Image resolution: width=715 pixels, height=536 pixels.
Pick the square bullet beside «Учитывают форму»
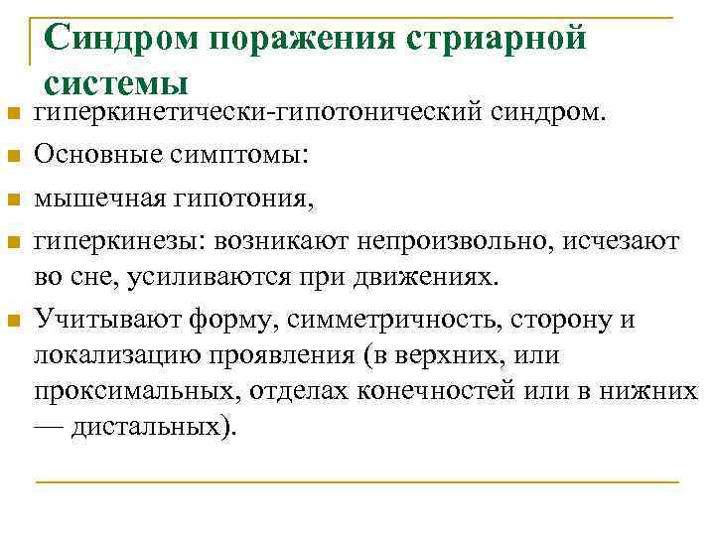click(x=13, y=321)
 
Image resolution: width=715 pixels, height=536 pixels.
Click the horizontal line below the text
click(x=357, y=482)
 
